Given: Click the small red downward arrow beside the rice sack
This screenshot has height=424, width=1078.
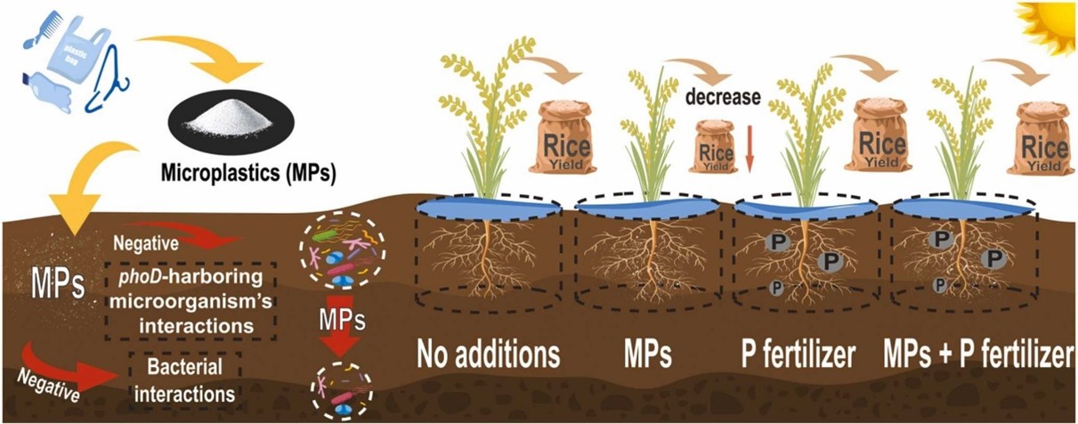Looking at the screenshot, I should coord(750,151).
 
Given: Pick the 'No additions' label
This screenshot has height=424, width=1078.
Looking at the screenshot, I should coord(490,353).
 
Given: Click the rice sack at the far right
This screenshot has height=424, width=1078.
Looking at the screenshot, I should coord(1042,139).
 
